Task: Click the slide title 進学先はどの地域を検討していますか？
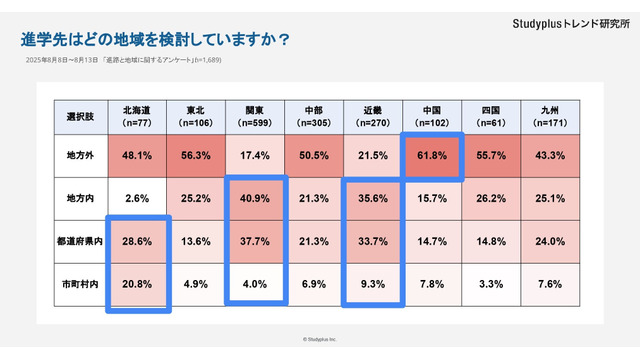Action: coord(155,40)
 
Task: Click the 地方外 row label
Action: coord(80,156)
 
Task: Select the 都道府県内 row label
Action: coord(80,240)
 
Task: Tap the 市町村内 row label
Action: coord(80,282)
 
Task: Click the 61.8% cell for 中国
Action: coord(433,156)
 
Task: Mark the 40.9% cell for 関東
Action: coord(254,198)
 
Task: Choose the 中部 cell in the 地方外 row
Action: coord(314,156)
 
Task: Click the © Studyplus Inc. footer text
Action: coord(320,339)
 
